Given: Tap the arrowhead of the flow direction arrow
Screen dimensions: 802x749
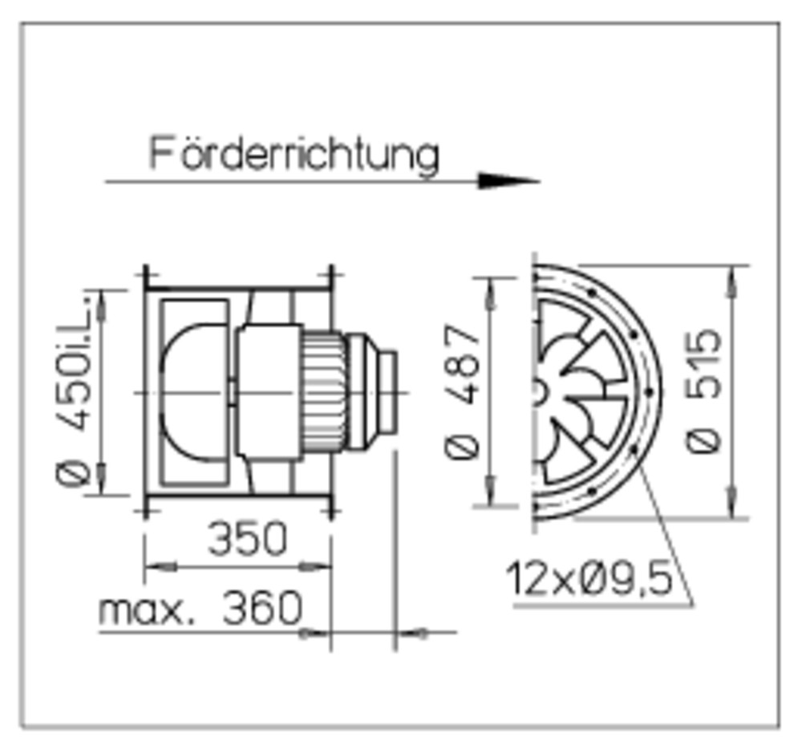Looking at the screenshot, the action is click(x=508, y=180).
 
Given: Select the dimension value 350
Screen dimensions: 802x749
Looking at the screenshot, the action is click(x=248, y=538).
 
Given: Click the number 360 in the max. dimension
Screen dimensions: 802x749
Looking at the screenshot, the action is click(x=263, y=607).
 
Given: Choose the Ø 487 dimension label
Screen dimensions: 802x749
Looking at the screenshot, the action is click(x=463, y=391).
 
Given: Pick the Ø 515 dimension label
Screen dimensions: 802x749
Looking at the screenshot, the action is click(x=703, y=391).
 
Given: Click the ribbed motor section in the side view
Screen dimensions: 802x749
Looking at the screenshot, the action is click(x=323, y=393).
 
